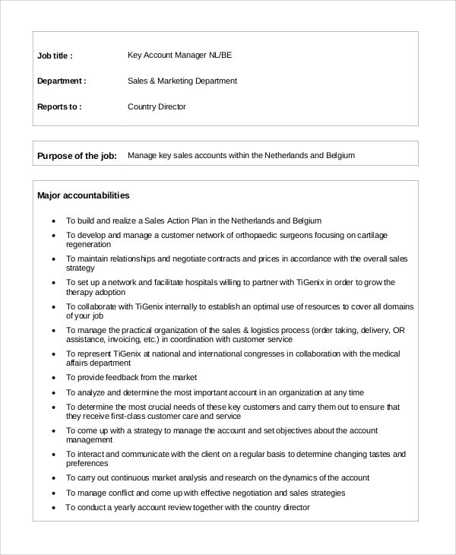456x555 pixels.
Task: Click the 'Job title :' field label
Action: point(55,55)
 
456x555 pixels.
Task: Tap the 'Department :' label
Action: point(62,81)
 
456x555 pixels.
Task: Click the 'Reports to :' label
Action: point(59,106)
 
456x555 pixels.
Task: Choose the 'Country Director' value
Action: point(157,106)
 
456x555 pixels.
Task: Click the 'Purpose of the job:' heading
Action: point(77,156)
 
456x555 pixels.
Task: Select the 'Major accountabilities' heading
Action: point(84,195)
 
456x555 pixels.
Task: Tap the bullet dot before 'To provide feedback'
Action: point(53,378)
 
